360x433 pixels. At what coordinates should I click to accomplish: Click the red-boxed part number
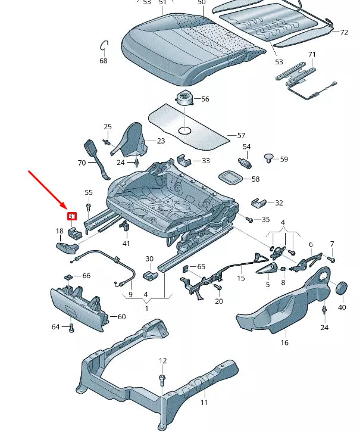coord(71,216)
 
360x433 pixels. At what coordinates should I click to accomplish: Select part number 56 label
coord(205,99)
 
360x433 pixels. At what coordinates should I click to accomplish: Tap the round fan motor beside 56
coord(184,98)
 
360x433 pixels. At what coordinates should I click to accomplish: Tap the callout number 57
coord(241,136)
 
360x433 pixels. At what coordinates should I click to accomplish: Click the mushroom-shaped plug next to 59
coord(269,158)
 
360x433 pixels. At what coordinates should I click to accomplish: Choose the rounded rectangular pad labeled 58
coord(229,178)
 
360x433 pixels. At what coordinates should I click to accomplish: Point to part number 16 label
coord(284,342)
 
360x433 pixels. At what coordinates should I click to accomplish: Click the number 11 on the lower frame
coord(204,403)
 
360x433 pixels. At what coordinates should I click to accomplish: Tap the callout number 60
coord(121,317)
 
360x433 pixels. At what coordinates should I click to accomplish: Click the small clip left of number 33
coord(185,160)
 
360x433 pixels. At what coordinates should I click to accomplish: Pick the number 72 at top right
coord(344,32)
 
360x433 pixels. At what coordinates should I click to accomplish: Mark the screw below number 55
coord(89,207)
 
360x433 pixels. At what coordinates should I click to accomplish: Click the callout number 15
coord(241,278)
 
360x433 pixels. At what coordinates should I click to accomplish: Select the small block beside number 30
coord(151,275)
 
